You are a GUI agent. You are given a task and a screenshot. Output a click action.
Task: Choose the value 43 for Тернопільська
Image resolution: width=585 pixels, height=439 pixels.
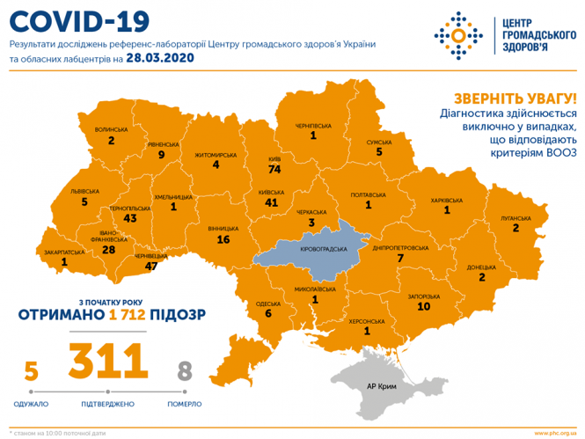[x=131, y=218]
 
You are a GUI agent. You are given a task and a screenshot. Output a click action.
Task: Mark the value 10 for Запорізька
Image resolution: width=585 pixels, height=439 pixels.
[x=423, y=306]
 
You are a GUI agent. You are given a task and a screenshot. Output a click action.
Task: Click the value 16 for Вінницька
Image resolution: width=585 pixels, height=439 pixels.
[x=223, y=239]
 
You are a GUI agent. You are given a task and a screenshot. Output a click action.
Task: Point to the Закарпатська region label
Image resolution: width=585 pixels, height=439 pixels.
[x=64, y=251]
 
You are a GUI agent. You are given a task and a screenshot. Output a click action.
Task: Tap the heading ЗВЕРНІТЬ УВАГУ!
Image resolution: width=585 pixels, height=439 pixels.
[x=516, y=99]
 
